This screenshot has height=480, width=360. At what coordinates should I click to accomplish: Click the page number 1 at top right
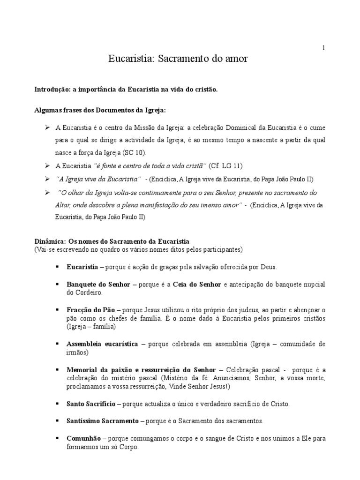coord(323,47)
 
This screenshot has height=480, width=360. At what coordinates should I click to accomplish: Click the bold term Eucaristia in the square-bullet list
coord(82,267)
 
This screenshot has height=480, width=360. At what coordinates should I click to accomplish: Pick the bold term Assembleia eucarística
coord(102,344)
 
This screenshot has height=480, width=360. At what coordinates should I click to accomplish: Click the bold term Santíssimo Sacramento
coord(102,421)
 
